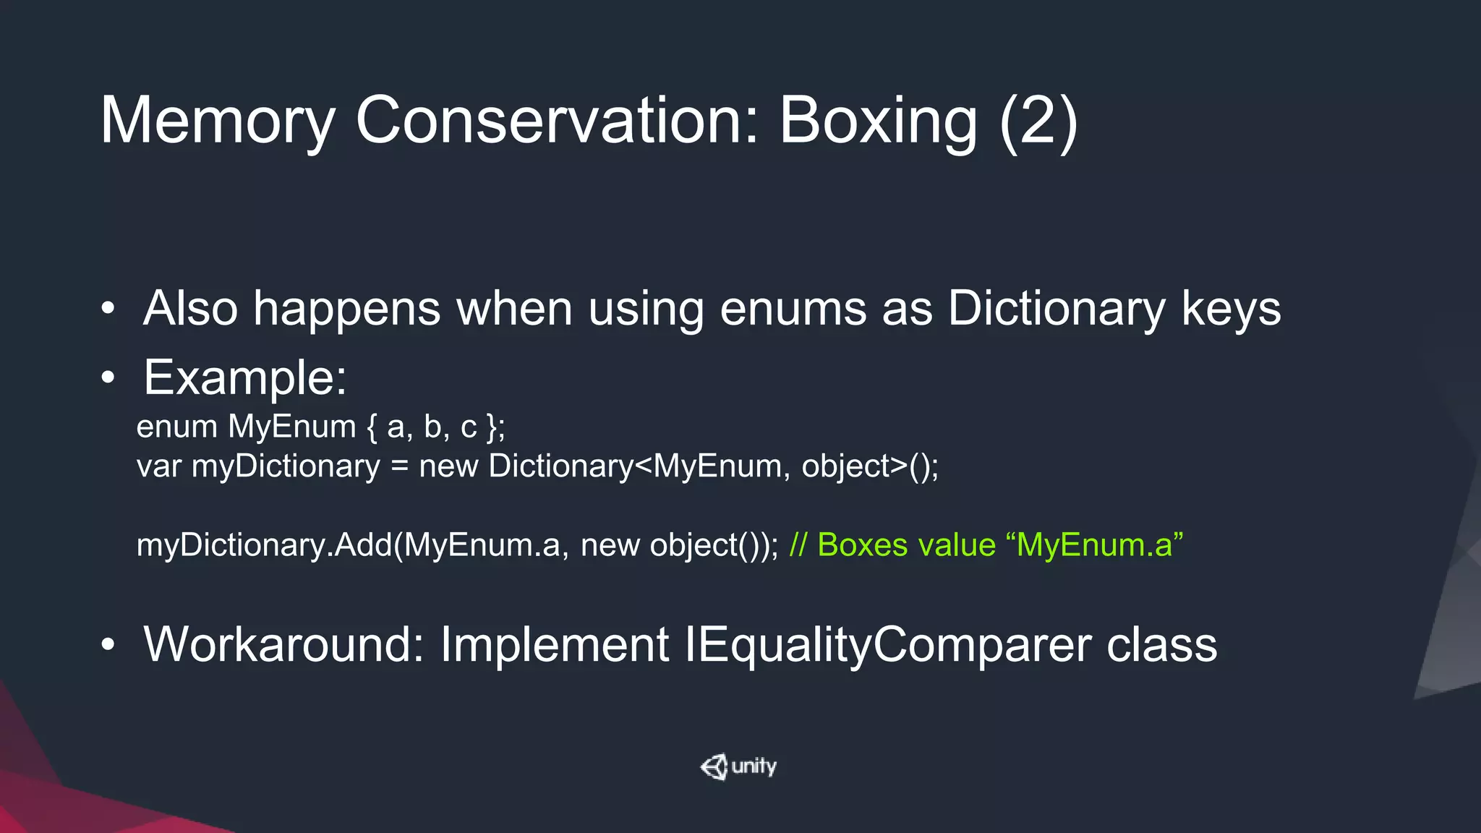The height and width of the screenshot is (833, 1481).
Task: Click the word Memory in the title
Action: [217, 121]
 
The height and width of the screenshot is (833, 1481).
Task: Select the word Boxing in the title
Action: [878, 121]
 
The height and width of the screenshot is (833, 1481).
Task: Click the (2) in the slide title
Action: [1038, 121]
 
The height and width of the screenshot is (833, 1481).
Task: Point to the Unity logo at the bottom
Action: [738, 766]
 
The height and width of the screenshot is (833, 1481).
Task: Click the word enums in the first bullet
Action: [793, 309]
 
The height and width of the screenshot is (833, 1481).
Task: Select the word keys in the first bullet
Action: [1231, 309]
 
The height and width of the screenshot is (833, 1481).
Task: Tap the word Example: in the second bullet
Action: [245, 377]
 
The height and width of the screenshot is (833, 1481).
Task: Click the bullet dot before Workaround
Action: [108, 644]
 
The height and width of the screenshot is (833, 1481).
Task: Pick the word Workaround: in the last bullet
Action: [283, 644]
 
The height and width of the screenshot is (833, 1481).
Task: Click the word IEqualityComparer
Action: [888, 644]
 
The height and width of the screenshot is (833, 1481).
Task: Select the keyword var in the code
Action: [158, 466]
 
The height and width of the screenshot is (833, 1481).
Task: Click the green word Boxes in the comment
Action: [862, 545]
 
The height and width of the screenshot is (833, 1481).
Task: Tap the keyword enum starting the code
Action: [176, 427]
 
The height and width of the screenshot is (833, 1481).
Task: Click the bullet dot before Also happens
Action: [108, 309]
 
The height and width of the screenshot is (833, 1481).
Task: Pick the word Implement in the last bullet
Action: [554, 644]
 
